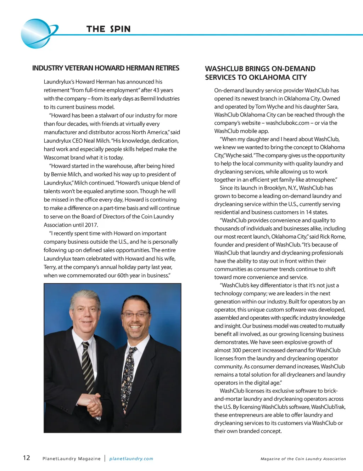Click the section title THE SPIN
[108, 29]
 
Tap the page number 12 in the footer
[27, 458]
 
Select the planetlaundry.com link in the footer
[131, 459]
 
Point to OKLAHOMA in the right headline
[267, 77]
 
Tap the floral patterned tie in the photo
[128, 375]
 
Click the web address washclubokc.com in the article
[287, 123]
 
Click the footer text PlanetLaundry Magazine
[71, 459]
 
